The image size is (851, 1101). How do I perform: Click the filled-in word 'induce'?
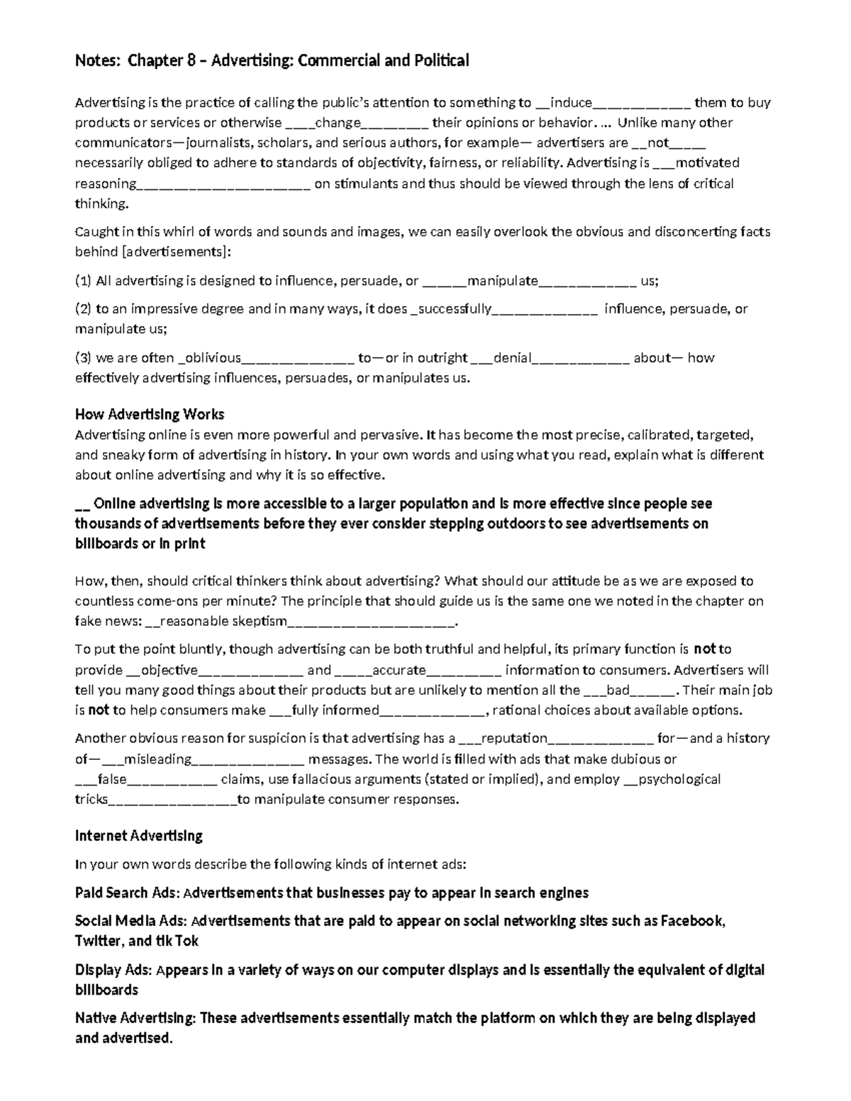click(x=571, y=102)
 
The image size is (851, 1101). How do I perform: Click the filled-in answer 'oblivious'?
click(x=213, y=357)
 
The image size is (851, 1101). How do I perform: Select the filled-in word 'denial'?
click(x=512, y=357)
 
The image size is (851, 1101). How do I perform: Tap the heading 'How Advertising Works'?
click(x=150, y=414)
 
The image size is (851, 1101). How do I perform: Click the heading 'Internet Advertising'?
click(x=139, y=835)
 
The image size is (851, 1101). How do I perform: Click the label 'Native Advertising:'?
click(x=135, y=1018)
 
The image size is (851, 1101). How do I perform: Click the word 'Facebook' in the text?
click(x=692, y=921)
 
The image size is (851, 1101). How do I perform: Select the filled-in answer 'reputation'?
click(x=514, y=738)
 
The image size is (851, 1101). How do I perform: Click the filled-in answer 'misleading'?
click(x=157, y=759)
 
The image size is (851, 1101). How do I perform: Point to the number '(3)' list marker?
click(x=84, y=357)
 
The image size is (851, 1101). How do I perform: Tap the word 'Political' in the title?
click(x=443, y=61)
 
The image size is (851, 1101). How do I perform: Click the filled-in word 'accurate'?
click(x=399, y=670)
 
